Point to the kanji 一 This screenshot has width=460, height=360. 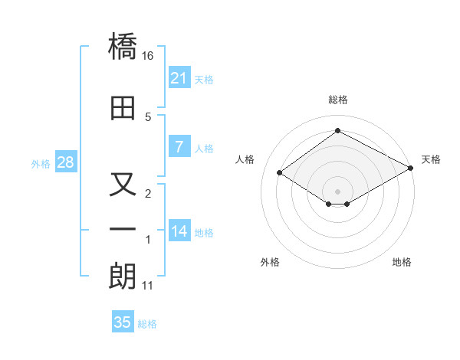pos(123,228)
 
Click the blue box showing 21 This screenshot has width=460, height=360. pos(179,77)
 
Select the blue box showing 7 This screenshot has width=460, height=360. pos(179,147)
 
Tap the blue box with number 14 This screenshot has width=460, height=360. pos(179,231)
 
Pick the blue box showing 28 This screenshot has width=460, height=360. pos(65,162)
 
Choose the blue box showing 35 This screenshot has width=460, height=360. pos(123,322)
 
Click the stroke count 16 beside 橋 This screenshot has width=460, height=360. pos(148,56)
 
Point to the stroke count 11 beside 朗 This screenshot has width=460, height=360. pos(148,286)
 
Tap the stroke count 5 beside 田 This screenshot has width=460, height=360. pos(148,116)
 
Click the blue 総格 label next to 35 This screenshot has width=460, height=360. pos(147,323)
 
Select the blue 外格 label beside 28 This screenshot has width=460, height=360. pos(40,164)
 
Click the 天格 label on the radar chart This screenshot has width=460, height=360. pos(431,159)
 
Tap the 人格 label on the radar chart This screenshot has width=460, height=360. pos(245,159)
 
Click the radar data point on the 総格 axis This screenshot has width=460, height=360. pos(337,131)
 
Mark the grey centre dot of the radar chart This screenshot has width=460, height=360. pos(337,190)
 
